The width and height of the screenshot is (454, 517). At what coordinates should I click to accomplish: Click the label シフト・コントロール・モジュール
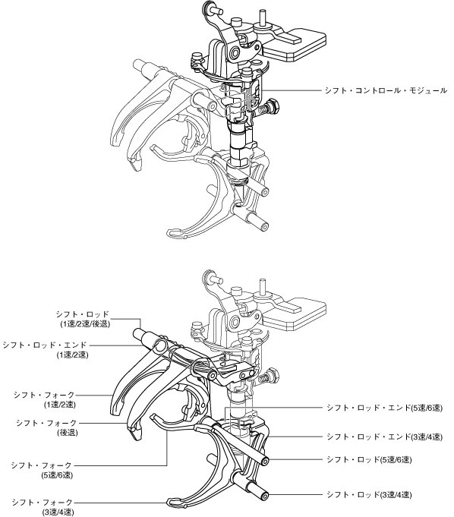(x=386, y=90)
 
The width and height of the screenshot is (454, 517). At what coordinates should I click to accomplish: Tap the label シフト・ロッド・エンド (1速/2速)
(x=45, y=350)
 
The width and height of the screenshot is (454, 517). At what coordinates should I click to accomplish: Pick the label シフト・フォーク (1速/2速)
(x=45, y=399)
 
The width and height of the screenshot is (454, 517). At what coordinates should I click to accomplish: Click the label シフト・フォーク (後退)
(x=47, y=427)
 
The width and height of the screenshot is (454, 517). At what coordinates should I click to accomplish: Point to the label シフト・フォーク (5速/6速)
(x=42, y=470)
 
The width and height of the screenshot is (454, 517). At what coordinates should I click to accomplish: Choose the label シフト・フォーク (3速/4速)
(x=43, y=507)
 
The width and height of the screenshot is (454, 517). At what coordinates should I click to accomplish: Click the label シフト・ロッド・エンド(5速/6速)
(x=384, y=408)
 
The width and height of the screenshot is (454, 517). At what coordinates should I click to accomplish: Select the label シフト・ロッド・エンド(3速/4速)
(x=384, y=437)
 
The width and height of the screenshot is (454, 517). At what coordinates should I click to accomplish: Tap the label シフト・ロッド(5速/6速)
(x=369, y=459)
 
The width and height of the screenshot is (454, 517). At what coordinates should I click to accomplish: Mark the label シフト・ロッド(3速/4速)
(x=369, y=494)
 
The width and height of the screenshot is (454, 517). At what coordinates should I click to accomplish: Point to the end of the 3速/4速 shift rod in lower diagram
(x=264, y=496)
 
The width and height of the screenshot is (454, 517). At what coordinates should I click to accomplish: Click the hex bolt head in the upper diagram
(x=273, y=106)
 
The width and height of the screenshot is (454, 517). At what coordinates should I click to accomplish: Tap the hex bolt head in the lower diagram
(x=273, y=375)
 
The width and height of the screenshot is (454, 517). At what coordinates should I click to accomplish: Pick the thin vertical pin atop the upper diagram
(x=263, y=17)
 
